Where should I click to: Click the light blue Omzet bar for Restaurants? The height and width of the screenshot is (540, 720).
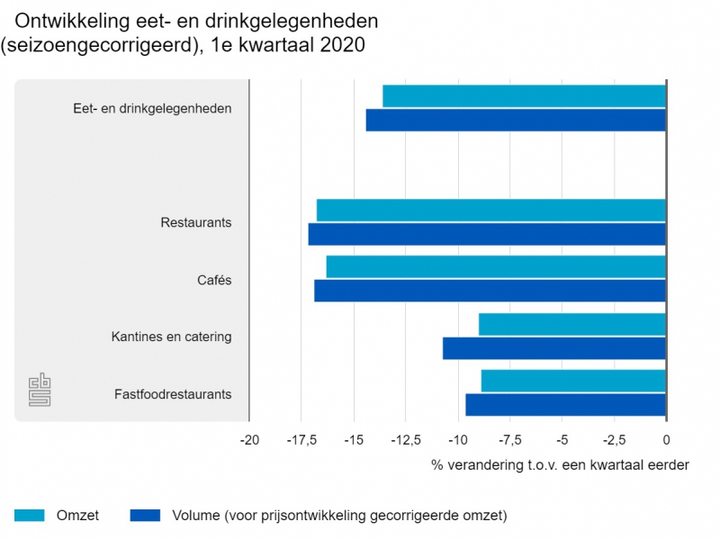pyautogui.click(x=490, y=210)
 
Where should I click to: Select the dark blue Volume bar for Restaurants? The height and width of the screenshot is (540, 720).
pyautogui.click(x=487, y=234)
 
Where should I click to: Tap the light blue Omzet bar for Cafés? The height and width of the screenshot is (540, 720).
pyautogui.click(x=495, y=267)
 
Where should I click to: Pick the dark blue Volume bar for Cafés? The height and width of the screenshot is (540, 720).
pyautogui.click(x=490, y=291)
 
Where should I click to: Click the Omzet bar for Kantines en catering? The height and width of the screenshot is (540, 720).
pyautogui.click(x=571, y=324)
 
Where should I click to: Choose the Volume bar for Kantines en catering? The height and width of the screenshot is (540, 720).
pyautogui.click(x=553, y=348)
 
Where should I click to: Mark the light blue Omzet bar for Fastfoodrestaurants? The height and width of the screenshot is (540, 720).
pyautogui.click(x=573, y=381)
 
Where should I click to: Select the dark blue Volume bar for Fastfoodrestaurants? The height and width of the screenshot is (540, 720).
pyautogui.click(x=565, y=405)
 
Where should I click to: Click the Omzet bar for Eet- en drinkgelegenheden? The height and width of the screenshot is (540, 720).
pyautogui.click(x=524, y=95)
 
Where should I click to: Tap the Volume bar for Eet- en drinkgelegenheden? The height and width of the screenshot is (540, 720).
pyautogui.click(x=516, y=120)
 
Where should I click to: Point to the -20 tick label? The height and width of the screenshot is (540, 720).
pyautogui.click(x=249, y=440)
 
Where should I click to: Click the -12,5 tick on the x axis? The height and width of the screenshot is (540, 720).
pyautogui.click(x=406, y=440)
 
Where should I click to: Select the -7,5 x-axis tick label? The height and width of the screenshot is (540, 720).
pyautogui.click(x=510, y=440)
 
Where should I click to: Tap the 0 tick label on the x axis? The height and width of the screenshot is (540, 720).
pyautogui.click(x=666, y=440)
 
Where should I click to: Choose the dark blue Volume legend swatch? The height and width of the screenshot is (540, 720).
pyautogui.click(x=145, y=516)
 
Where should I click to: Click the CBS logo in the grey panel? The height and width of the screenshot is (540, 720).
pyautogui.click(x=40, y=390)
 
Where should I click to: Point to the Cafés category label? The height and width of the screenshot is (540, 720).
pyautogui.click(x=214, y=280)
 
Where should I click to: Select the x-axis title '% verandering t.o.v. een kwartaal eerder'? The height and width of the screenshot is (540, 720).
pyautogui.click(x=560, y=465)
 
